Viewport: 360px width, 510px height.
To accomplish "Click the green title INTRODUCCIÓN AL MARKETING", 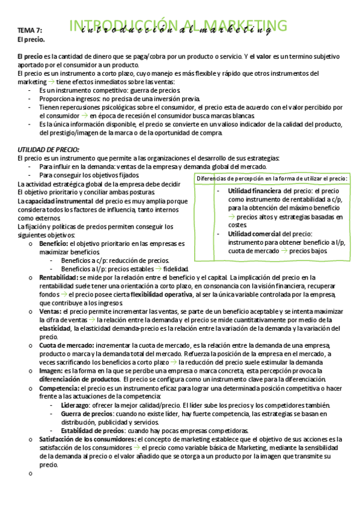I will pyautogui.click(x=178, y=25).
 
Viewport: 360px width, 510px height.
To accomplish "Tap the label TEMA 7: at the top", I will pyautogui.click(x=29, y=29).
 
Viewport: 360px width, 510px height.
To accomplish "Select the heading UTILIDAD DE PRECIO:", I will pyautogui.click(x=48, y=149).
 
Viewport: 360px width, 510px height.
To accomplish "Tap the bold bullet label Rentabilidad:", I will pyautogui.click(x=58, y=277).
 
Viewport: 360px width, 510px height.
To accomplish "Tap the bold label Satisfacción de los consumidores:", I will pyautogui.click(x=89, y=439).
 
